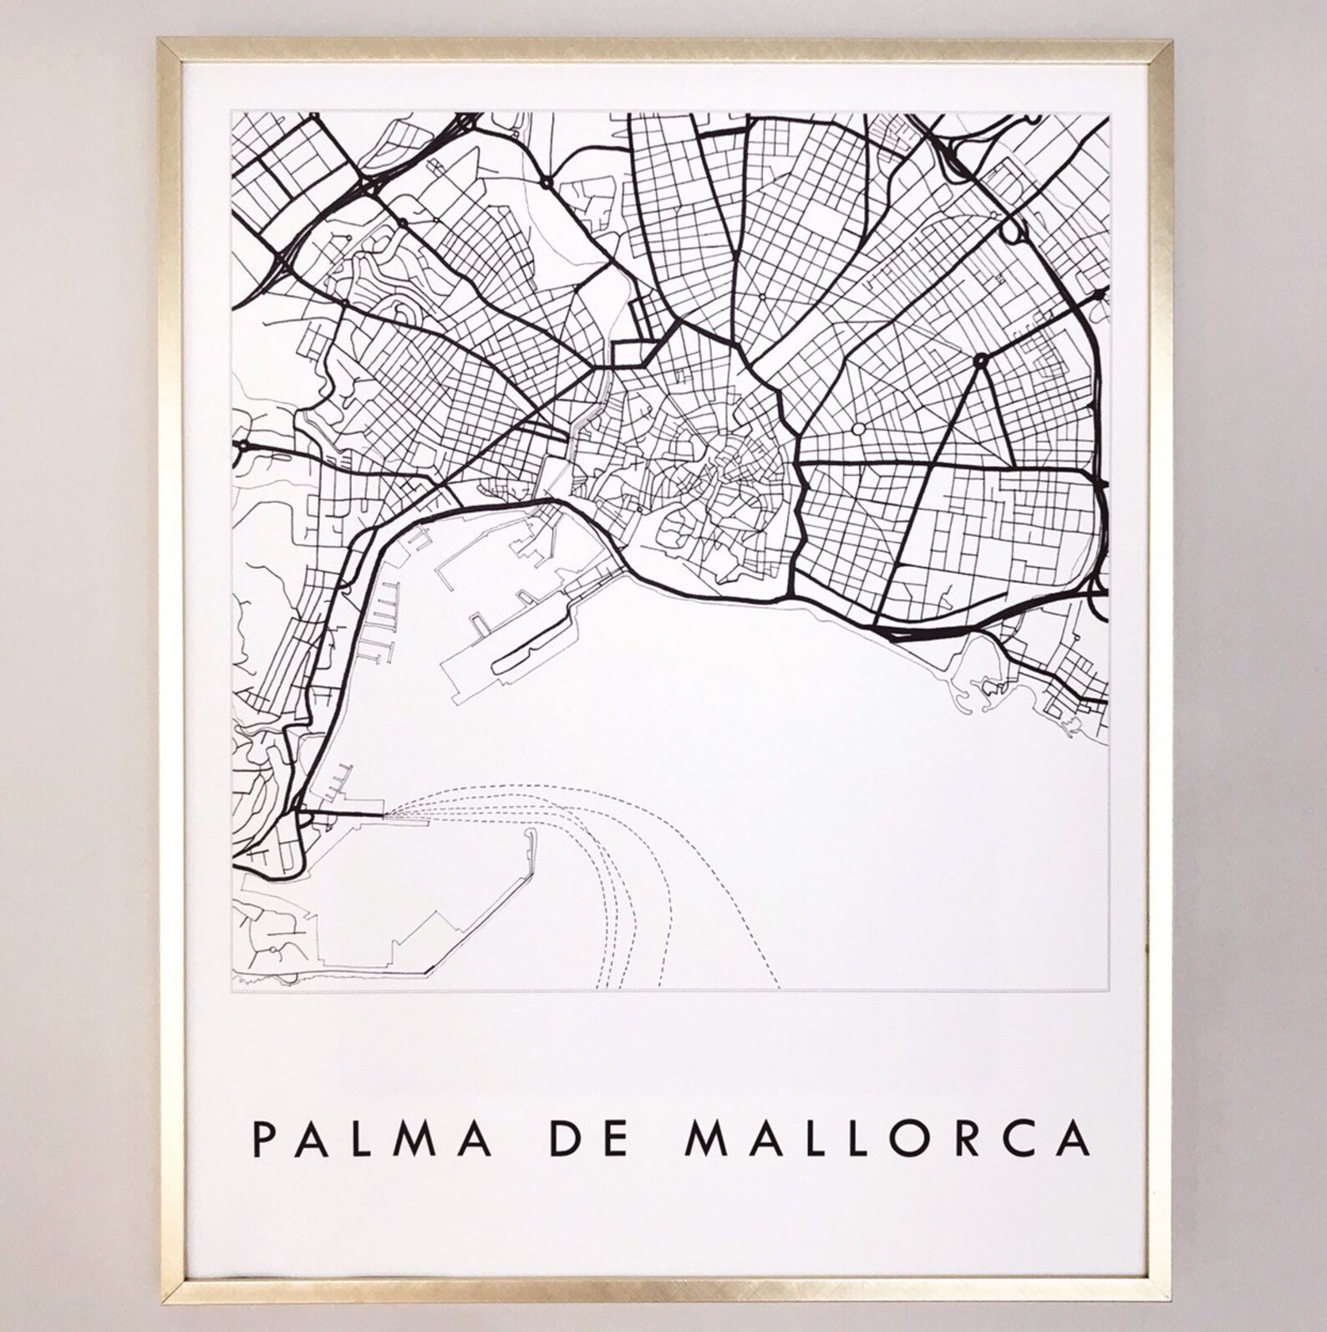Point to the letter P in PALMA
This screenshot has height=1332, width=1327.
tap(264, 1141)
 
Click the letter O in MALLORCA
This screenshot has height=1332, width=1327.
tap(929, 1141)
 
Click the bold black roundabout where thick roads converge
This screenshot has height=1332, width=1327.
tap(980, 360)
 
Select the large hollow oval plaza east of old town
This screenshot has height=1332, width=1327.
tap(858, 429)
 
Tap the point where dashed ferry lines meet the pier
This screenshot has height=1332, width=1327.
tap(386, 814)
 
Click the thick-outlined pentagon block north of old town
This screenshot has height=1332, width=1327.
tap(632, 354)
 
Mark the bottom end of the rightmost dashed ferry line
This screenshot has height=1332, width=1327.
tap(779, 986)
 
